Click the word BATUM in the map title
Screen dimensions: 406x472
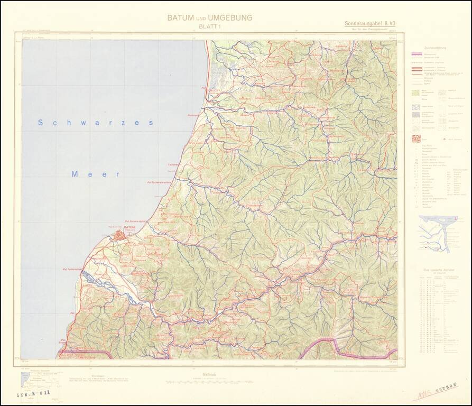(x=180, y=17)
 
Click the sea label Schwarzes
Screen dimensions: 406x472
(x=96, y=123)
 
